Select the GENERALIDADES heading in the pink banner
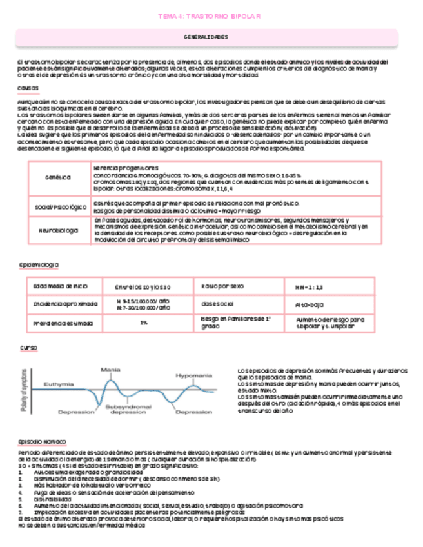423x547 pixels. click(x=211, y=37)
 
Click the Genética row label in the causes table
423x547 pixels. click(x=57, y=177)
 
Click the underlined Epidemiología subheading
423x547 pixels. click(x=39, y=264)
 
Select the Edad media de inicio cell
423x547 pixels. click(x=57, y=286)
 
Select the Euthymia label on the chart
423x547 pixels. click(x=59, y=384)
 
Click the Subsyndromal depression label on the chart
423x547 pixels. click(x=128, y=411)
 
